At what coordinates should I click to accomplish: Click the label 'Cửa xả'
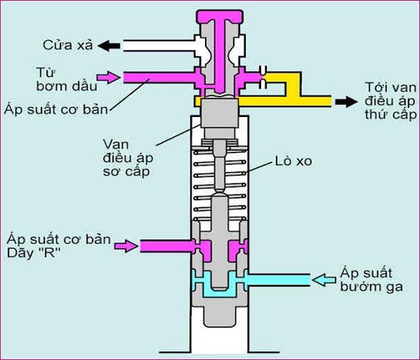tap(66, 46)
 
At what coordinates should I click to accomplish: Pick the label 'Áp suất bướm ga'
tap(372, 279)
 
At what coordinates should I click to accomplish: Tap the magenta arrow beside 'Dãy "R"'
tap(127, 245)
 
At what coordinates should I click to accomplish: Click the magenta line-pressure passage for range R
tap(164, 245)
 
